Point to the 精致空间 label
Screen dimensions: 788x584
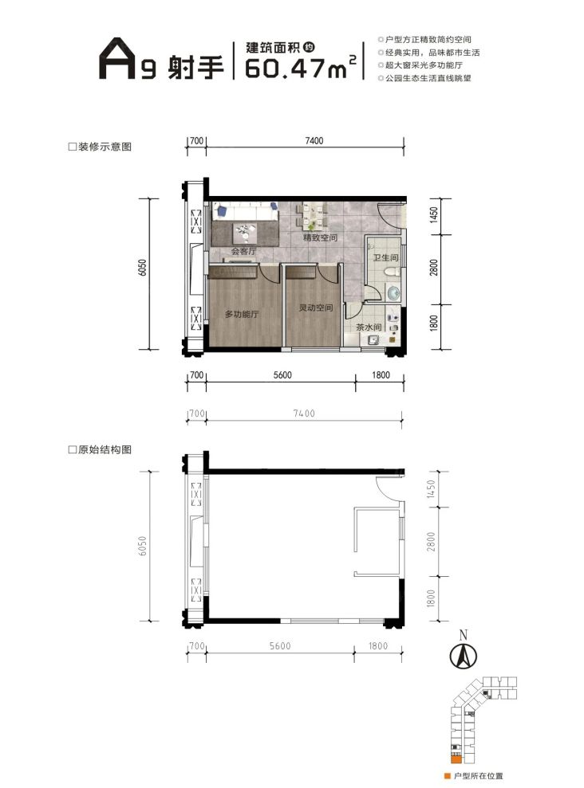pyautogui.click(x=319, y=238)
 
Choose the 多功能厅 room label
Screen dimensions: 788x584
pyautogui.click(x=242, y=315)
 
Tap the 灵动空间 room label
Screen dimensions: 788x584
pyautogui.click(x=310, y=308)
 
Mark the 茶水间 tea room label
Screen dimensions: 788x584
pyautogui.click(x=369, y=327)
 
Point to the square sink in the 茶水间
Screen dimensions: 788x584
pyautogui.click(x=373, y=341)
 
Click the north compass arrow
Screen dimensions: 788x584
pyautogui.click(x=461, y=655)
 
